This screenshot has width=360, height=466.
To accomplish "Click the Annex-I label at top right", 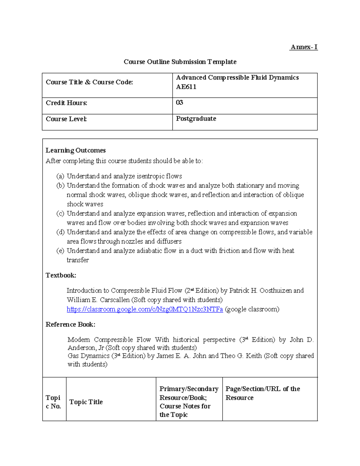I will tap(304, 47).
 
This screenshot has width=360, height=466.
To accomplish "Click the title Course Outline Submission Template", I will tap(180, 62).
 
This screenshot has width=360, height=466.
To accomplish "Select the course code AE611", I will tap(186, 87).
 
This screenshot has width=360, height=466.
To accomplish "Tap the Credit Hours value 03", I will tap(179, 103).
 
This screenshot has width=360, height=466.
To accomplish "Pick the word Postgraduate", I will tap(196, 119).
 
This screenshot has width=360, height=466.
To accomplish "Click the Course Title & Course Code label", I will tap(89, 82).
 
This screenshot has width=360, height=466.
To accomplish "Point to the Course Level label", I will tap(66, 119).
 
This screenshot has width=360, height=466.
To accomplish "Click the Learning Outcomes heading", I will tap(76, 150).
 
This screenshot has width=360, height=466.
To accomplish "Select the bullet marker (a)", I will tap(60, 176).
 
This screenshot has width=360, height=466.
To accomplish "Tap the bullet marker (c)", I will tap(60, 213).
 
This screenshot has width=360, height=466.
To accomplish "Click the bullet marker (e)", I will tap(60, 251).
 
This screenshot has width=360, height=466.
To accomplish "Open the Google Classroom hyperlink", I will tap(145, 309).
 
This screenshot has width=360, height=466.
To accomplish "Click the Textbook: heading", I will tap(61, 275).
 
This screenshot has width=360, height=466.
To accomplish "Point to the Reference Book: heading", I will tap(70, 324).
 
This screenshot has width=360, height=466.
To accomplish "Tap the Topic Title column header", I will tap(86, 402).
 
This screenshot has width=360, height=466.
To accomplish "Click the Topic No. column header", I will tap(53, 402).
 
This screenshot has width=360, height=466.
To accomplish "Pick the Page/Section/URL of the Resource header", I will tap(262, 393).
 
